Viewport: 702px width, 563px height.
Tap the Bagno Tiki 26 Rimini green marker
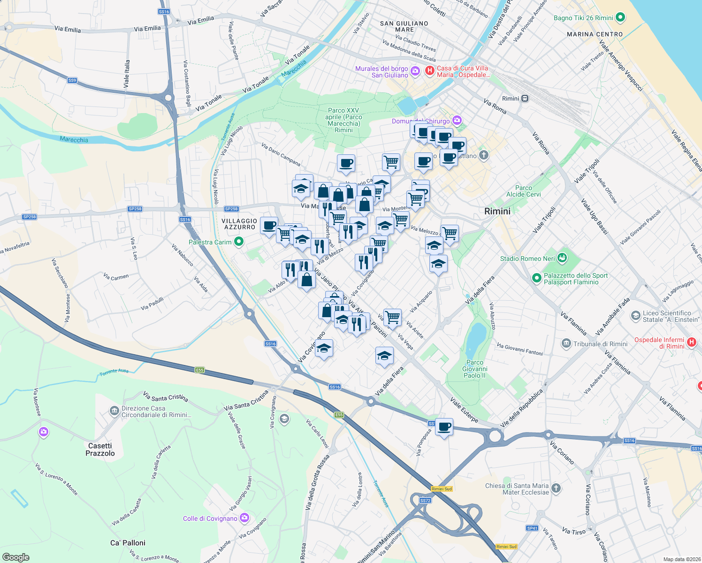point(620,18)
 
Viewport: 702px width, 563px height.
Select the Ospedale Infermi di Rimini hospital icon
point(691,342)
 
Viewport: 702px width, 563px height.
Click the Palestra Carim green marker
point(239,242)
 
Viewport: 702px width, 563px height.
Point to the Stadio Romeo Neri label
point(527,259)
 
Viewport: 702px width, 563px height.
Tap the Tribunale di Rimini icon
point(566,344)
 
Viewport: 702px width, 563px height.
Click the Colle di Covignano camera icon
point(244,518)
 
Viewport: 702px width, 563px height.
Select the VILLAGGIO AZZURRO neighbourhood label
point(239,224)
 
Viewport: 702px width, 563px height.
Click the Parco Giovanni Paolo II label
point(474,369)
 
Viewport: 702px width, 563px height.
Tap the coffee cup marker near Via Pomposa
point(444,427)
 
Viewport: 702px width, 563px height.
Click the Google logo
point(15,557)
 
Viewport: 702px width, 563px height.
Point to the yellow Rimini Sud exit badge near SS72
point(442,489)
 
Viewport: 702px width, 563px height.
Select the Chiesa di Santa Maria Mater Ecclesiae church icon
point(556,488)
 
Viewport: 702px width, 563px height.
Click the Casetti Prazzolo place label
point(100,449)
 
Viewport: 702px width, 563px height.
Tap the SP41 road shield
point(532,528)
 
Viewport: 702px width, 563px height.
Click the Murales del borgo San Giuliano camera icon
point(415,71)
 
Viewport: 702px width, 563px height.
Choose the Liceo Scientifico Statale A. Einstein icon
point(635,316)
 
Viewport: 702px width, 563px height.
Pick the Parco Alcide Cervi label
point(523,191)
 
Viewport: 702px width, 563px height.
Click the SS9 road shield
point(72,80)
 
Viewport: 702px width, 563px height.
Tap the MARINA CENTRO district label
point(595,34)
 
